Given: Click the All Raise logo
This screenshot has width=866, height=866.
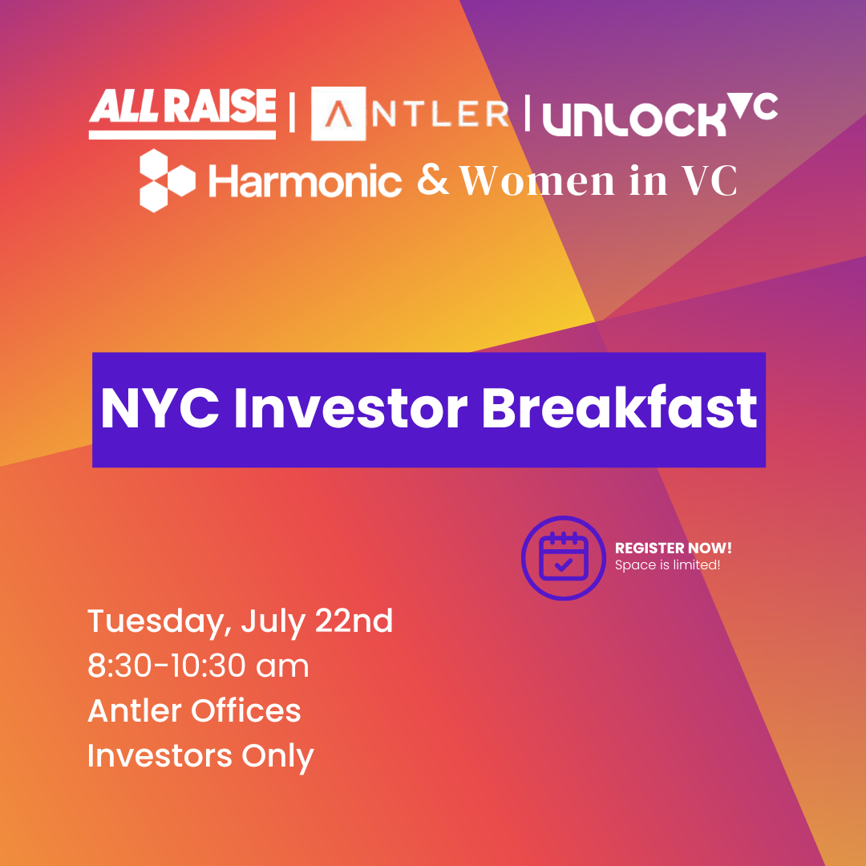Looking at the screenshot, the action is click(182, 113).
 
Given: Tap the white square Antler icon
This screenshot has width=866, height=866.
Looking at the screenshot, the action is click(338, 113).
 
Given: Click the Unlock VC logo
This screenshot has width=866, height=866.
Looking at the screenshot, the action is click(661, 115).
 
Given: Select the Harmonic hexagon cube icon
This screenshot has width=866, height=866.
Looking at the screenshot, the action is click(168, 180).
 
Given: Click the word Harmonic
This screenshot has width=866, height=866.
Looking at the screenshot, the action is click(305, 180).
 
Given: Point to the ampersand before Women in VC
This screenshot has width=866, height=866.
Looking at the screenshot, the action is click(434, 180).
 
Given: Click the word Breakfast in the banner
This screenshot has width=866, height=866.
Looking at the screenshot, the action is click(620, 409).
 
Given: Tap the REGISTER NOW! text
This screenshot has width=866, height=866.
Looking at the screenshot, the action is click(674, 548).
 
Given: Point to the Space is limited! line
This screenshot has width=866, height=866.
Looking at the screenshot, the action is click(668, 565).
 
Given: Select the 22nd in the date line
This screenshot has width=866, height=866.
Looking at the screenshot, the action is click(354, 621).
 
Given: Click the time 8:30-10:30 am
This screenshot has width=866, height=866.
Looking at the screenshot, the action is click(198, 666).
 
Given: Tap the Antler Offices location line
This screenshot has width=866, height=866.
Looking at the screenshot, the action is click(194, 710).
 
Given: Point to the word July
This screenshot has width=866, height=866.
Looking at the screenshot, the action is click(273, 622).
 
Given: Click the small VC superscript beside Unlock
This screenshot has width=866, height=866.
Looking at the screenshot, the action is click(752, 106).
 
